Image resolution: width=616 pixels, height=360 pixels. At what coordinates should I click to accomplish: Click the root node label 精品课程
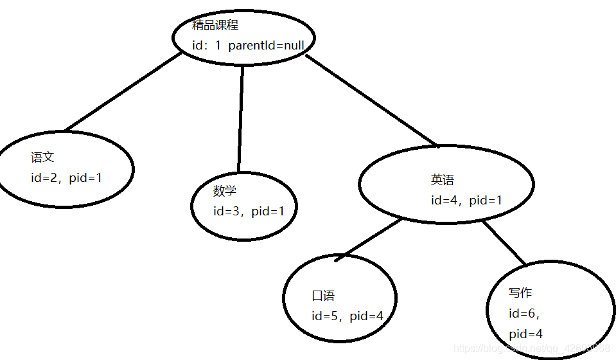pyautogui.click(x=215, y=26)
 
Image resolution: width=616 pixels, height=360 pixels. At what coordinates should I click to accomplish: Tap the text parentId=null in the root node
pyautogui.click(x=266, y=46)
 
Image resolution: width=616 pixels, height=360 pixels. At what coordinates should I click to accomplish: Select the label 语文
pyautogui.click(x=42, y=157)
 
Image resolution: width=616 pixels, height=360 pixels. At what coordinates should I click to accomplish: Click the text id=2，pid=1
pyautogui.click(x=66, y=177)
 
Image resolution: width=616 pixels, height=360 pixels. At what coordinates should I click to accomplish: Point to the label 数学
pyautogui.click(x=225, y=191)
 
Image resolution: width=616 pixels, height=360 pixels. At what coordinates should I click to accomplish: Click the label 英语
pyautogui.click(x=443, y=180)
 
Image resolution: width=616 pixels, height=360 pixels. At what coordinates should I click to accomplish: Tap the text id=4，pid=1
pyautogui.click(x=466, y=201)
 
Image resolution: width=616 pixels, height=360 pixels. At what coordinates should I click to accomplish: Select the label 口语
pyautogui.click(x=323, y=296)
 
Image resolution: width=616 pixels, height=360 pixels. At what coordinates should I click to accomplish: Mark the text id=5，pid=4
pyautogui.click(x=347, y=316)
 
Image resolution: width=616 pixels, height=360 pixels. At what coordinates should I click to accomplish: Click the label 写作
pyautogui.click(x=520, y=293)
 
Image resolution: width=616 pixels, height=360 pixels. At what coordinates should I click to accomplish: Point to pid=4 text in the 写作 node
pyautogui.click(x=526, y=334)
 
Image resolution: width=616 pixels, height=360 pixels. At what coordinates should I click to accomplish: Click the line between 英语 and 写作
pyautogui.click(x=504, y=242)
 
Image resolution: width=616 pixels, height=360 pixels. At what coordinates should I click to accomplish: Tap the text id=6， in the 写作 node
pyautogui.click(x=524, y=314)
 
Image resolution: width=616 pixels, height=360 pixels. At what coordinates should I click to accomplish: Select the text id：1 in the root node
pyautogui.click(x=206, y=46)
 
